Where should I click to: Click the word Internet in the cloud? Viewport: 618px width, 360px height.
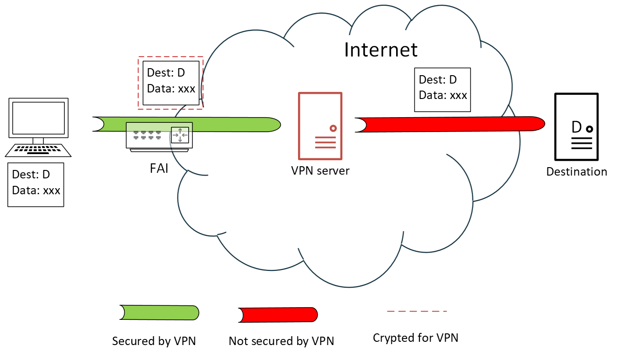(381, 49)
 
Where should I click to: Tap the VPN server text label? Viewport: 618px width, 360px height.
(320, 171)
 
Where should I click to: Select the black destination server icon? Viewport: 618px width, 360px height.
(576, 127)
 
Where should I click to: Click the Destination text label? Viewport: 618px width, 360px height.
(576, 172)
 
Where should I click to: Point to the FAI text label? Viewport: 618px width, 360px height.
(159, 168)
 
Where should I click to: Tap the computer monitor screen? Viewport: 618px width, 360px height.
(38, 118)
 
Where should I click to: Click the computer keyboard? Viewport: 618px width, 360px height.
(38, 150)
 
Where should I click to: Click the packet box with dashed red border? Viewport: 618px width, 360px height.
(171, 83)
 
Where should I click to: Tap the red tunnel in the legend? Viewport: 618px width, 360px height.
(278, 315)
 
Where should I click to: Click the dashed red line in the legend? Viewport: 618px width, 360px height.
(417, 311)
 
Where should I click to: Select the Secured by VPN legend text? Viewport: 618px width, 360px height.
(154, 341)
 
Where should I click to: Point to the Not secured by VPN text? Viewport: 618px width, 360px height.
(281, 341)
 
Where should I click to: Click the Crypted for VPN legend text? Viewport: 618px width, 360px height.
(415, 338)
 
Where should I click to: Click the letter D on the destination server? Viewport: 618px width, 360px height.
(576, 127)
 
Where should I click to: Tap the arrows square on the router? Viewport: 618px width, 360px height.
(180, 134)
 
